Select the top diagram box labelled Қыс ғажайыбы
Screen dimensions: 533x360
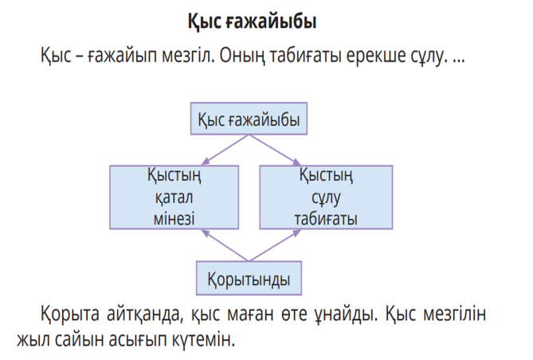(x=249, y=119)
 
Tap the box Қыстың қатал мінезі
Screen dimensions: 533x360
(x=174, y=198)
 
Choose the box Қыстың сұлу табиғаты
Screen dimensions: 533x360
(x=326, y=198)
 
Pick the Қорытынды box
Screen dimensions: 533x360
(x=249, y=278)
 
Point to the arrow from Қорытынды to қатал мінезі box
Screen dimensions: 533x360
(x=225, y=245)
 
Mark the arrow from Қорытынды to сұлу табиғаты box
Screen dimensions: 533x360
(x=275, y=245)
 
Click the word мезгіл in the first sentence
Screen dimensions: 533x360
(x=188, y=55)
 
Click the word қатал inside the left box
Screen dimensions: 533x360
(x=174, y=198)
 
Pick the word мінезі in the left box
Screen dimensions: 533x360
(x=174, y=218)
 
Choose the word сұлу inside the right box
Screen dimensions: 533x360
(x=326, y=198)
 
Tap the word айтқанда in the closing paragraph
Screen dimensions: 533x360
(x=145, y=314)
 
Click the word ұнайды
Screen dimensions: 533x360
(x=345, y=314)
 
